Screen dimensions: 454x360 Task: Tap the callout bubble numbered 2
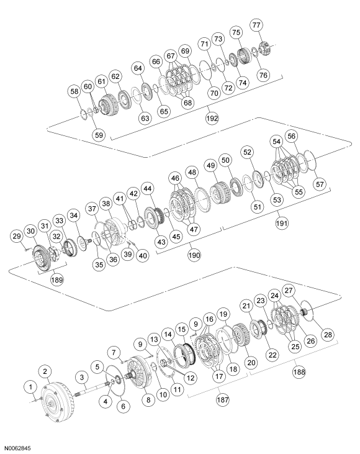(45, 371)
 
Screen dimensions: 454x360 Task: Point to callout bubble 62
(115, 76)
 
